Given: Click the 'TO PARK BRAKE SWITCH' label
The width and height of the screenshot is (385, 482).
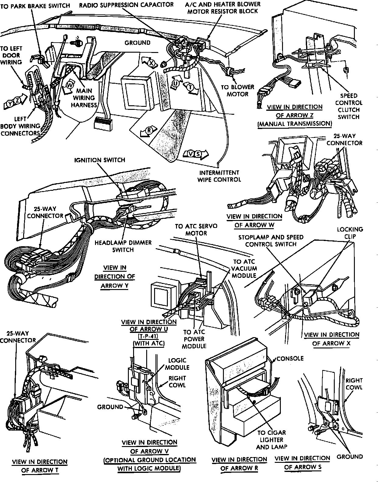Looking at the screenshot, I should coord(35,5).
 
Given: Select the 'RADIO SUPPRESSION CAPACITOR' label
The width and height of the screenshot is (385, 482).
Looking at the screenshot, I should coord(126,5).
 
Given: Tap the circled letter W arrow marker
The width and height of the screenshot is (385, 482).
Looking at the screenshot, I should coord(69,85).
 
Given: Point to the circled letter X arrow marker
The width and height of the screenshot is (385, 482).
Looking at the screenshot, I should coord(151,63).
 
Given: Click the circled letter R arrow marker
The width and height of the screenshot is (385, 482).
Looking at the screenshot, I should coord(149,131).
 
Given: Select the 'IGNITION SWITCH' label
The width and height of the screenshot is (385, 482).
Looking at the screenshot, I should coord(100,160).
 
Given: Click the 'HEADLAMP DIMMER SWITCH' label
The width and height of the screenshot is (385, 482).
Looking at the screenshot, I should coord(123,246).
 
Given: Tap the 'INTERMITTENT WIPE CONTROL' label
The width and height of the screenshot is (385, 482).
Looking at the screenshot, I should coord(219,176).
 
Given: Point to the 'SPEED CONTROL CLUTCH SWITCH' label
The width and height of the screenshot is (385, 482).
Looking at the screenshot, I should coord(349,106).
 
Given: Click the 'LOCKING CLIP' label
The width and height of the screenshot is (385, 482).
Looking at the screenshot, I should coord(350,233).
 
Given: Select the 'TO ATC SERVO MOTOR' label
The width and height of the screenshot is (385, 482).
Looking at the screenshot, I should coord(196,229).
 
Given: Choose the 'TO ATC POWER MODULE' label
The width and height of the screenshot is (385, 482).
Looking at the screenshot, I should coord(194,339).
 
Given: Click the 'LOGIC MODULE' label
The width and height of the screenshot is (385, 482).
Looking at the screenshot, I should coord(177,364).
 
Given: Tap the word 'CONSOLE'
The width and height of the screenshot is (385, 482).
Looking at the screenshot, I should coord(290,358).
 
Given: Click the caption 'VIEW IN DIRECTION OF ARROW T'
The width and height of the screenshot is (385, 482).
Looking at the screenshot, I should coord(40,466).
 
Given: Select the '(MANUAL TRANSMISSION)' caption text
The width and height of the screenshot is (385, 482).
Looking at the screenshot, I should coord(295,124).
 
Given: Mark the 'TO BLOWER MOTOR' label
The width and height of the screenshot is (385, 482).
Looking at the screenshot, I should coord(237,91).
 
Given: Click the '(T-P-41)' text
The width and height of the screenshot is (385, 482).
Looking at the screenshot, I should coord(149,336).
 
